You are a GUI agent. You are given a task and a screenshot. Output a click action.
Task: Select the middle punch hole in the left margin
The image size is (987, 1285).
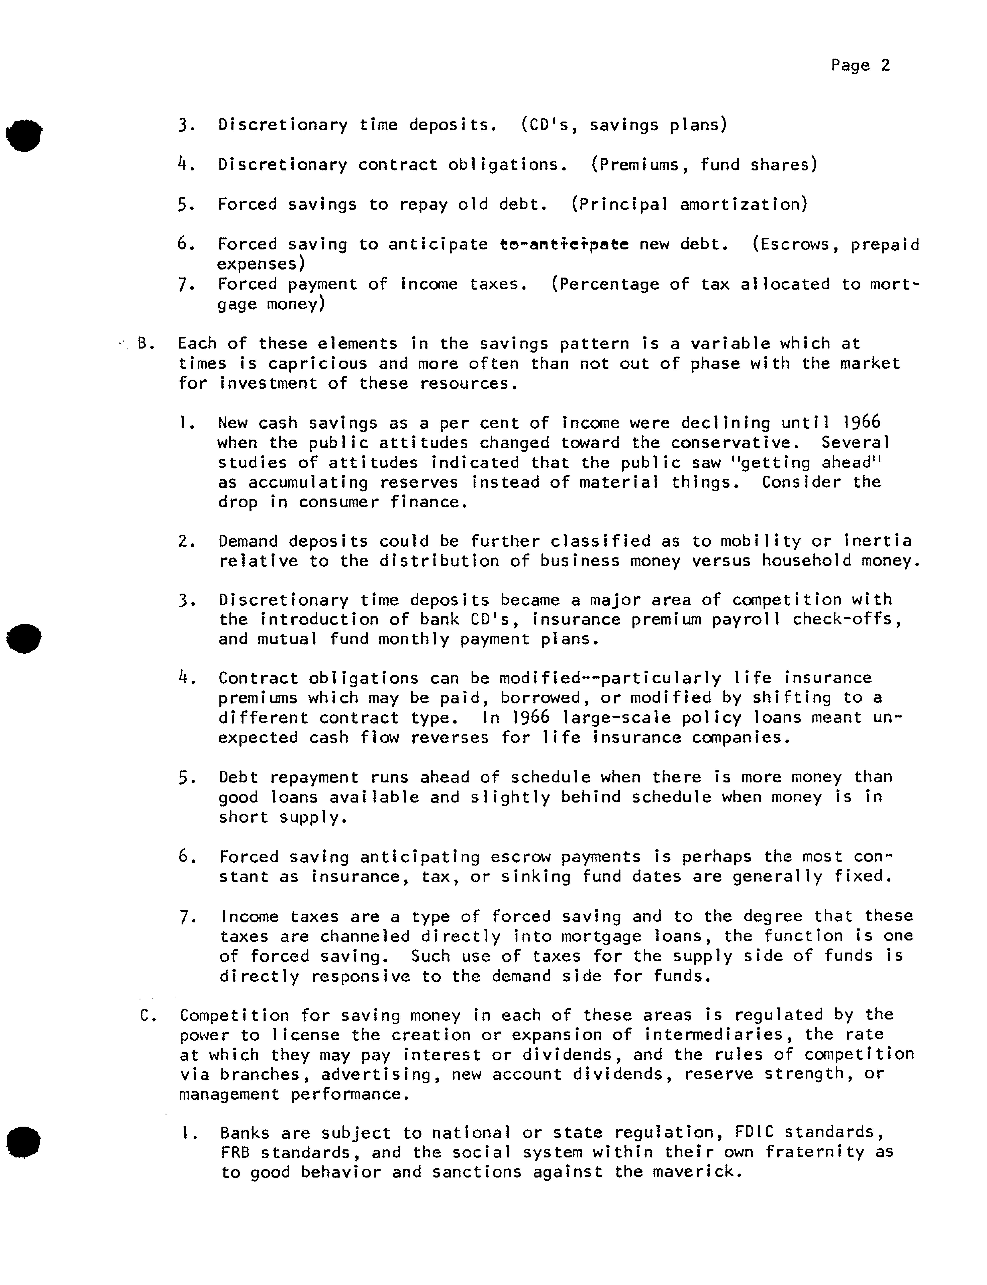[24, 637]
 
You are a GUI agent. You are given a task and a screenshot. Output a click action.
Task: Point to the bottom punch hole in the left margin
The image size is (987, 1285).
[23, 1142]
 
